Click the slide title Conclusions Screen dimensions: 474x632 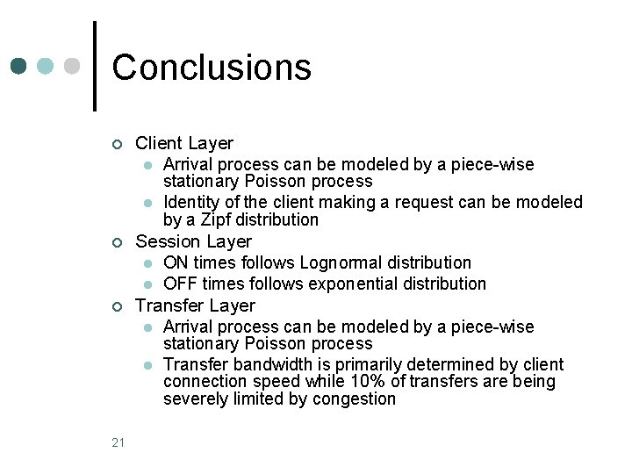[212, 68]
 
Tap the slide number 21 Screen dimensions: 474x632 [118, 442]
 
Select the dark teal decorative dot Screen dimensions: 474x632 [19, 66]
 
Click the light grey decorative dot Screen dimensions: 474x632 [74, 66]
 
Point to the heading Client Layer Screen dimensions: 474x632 [184, 143]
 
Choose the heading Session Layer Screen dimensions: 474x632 [193, 241]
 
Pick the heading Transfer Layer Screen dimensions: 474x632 [195, 305]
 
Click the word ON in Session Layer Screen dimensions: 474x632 [176, 262]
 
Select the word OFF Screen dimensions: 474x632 [180, 284]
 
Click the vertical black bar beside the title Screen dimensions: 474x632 [94, 66]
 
